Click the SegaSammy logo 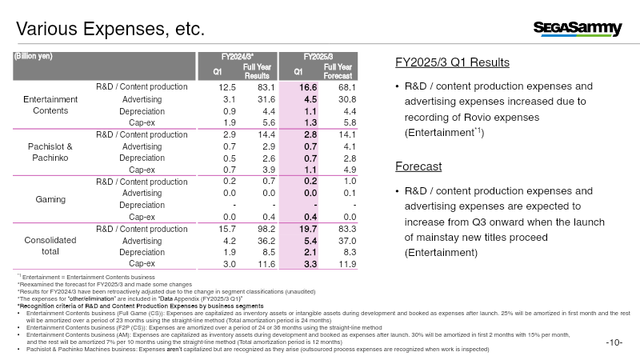(x=578, y=30)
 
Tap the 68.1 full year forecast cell (x=347, y=86)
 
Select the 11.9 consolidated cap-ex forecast (x=347, y=263)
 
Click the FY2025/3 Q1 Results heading (x=453, y=62)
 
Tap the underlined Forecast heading (x=418, y=167)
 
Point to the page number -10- (x=614, y=343)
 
